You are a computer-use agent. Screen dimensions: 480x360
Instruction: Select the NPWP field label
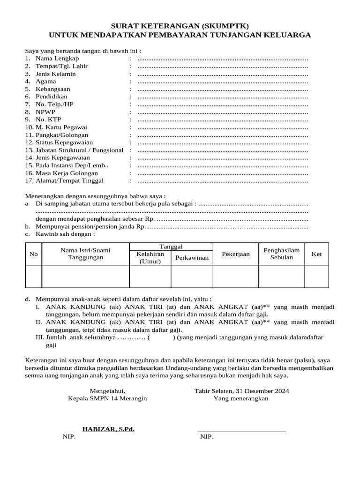(x=45, y=112)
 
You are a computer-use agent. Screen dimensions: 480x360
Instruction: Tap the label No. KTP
(x=48, y=120)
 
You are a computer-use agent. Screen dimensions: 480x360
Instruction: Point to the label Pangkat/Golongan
(x=61, y=135)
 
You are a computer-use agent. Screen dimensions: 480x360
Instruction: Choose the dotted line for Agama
(x=223, y=82)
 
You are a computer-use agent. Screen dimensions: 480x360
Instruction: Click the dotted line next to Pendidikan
(x=223, y=97)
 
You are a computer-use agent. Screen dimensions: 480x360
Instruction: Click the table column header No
(x=33, y=254)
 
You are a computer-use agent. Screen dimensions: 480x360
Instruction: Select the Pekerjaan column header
(x=236, y=254)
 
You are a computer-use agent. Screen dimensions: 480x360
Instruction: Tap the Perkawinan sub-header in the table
(x=192, y=258)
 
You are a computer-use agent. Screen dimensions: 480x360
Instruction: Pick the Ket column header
(x=317, y=254)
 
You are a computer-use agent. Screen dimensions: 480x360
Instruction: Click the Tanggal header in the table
(x=171, y=247)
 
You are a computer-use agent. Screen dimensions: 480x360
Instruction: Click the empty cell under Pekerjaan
(x=236, y=276)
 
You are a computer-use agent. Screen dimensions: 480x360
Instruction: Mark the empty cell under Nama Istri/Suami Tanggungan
(x=85, y=276)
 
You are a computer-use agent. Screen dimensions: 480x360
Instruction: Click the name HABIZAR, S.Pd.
(x=108, y=429)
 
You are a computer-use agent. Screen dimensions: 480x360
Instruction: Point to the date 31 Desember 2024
(x=262, y=391)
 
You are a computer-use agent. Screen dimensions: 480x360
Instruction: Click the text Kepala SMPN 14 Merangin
(x=107, y=398)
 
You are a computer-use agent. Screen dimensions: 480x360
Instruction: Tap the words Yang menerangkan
(x=241, y=398)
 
